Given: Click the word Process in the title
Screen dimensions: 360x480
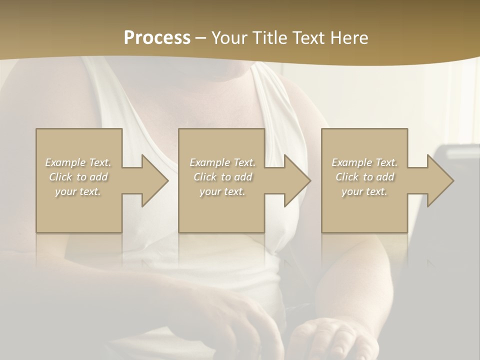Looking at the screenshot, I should click(157, 38).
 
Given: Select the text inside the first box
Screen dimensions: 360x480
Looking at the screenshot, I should click(78, 177).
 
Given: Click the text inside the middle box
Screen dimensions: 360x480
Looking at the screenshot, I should click(222, 177).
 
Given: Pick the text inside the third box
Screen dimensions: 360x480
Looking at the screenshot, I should click(364, 177).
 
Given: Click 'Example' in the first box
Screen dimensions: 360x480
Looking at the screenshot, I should click(65, 162).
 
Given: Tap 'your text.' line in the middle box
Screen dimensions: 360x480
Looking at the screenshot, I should click(222, 191).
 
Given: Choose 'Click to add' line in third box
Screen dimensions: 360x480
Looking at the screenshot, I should click(364, 177).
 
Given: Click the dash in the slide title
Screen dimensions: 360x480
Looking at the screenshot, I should click(201, 38).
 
